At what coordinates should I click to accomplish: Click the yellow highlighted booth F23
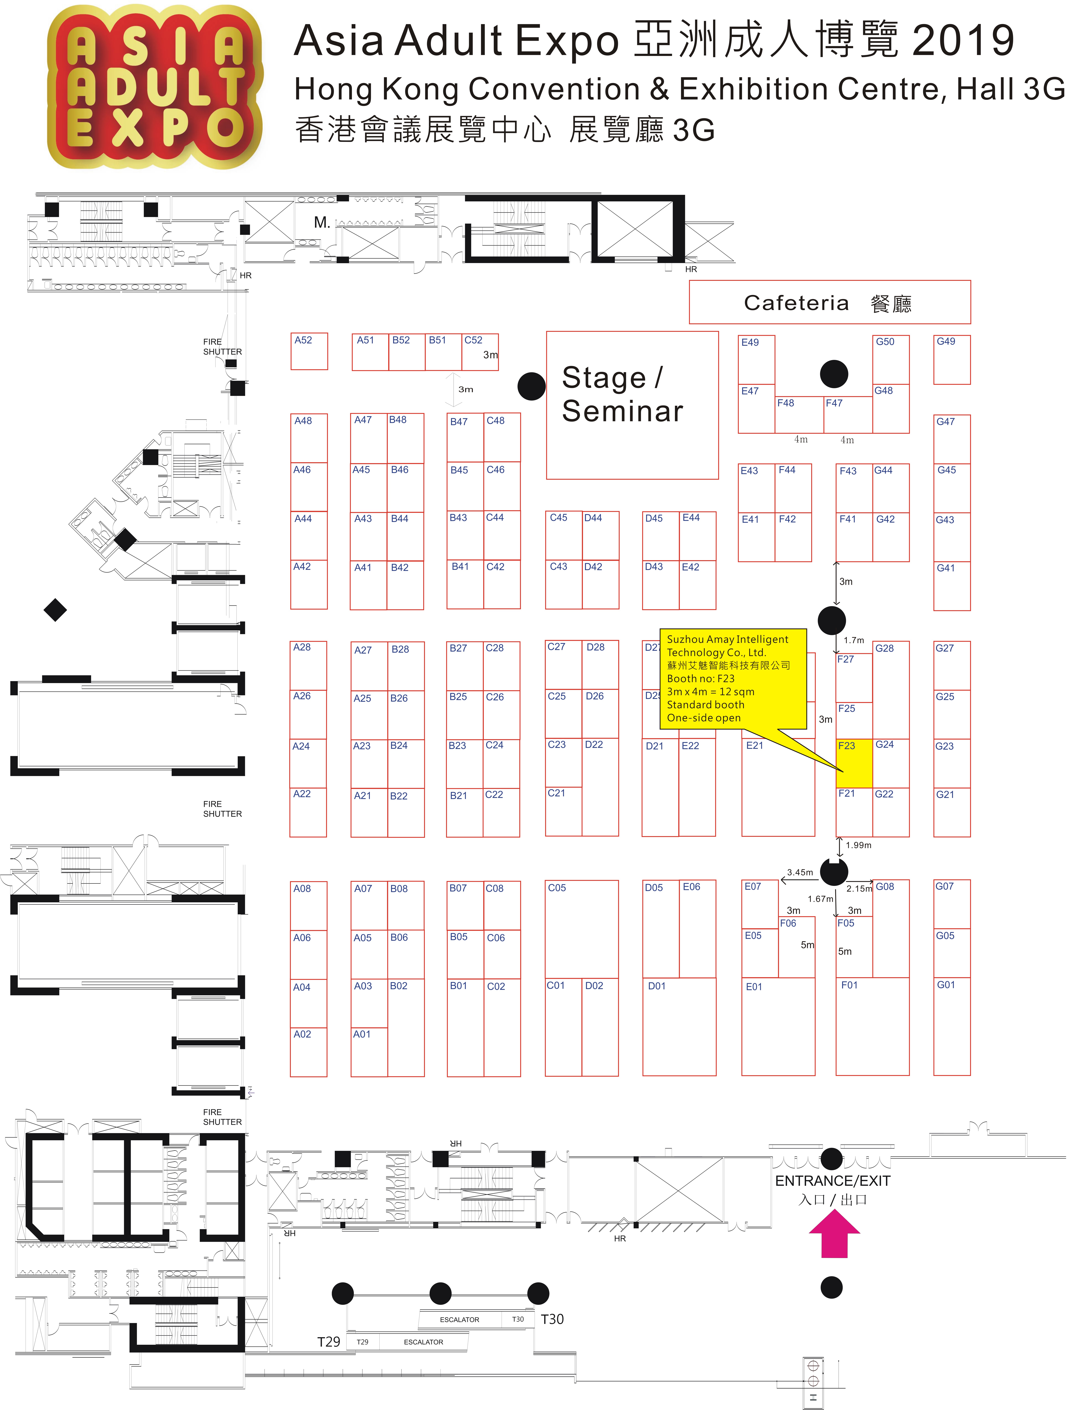tap(854, 764)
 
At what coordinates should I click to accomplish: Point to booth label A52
tap(303, 340)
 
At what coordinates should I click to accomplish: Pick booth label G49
tap(946, 342)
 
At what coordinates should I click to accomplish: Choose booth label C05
tap(557, 888)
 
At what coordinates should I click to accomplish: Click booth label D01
tap(657, 986)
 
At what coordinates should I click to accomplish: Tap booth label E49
tap(750, 342)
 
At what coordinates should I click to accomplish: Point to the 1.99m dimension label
tap(859, 845)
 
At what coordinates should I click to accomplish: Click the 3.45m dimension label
tap(800, 872)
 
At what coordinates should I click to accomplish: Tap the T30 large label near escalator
tap(552, 1319)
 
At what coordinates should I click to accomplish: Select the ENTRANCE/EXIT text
tap(833, 1181)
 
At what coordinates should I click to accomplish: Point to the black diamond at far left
tap(55, 609)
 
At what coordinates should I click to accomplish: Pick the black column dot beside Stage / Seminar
tap(532, 386)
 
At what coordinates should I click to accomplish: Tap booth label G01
tap(946, 985)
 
